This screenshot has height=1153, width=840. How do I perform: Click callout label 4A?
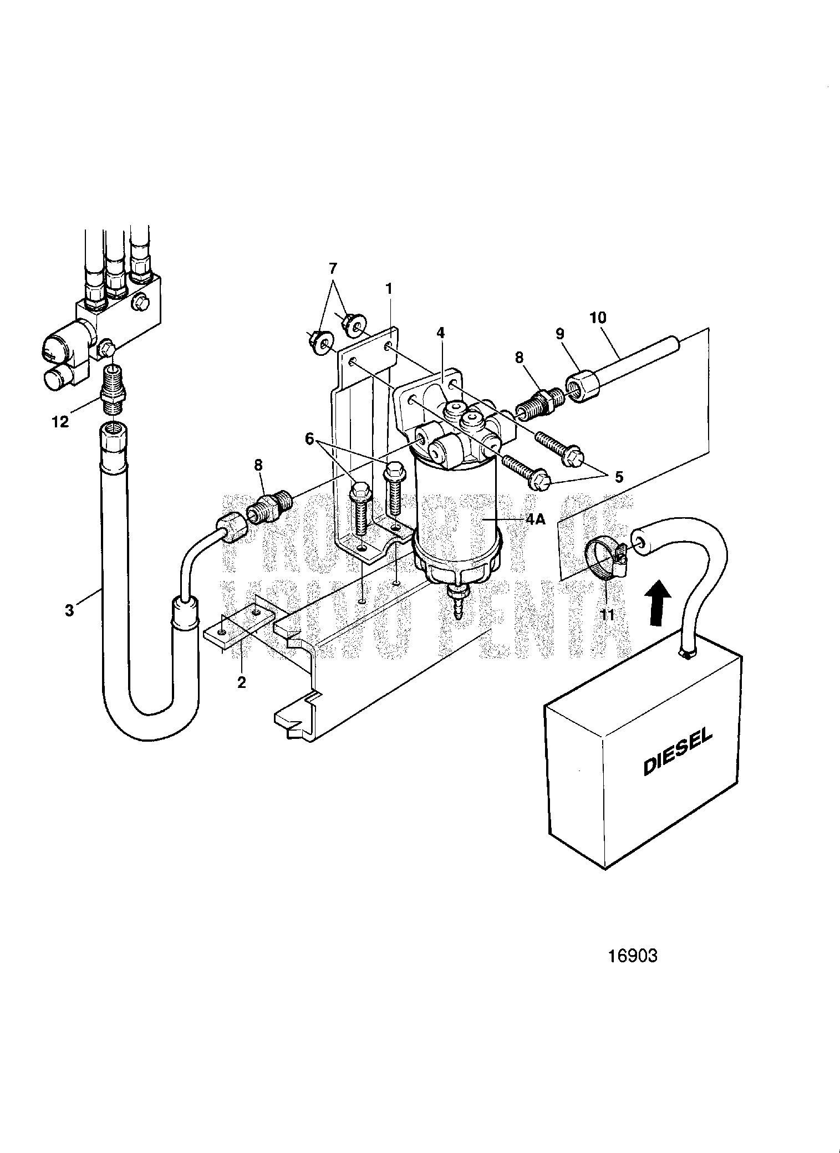(x=536, y=519)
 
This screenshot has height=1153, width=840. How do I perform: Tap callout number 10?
(x=598, y=318)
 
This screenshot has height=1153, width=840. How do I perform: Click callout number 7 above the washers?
(x=332, y=269)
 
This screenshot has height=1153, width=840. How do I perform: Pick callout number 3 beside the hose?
(x=69, y=611)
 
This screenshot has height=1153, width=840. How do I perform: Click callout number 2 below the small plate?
(x=241, y=682)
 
